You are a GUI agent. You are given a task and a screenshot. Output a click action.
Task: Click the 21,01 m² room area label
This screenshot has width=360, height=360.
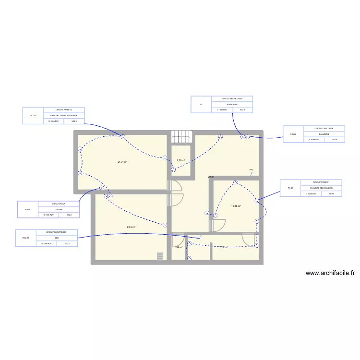coord(122,162)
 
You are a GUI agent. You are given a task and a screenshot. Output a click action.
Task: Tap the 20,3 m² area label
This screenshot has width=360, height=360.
coord(131,228)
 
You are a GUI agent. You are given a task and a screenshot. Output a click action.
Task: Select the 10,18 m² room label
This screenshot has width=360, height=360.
coord(236,206)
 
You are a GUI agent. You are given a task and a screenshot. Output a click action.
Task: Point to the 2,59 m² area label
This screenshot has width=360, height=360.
coord(180,160)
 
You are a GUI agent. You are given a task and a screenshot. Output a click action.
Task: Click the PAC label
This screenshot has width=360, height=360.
coord(251,170)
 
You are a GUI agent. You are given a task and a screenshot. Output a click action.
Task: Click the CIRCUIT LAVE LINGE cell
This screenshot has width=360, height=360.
coord(324,129)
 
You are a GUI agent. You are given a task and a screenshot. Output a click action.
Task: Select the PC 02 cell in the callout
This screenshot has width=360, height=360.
coord(33,116)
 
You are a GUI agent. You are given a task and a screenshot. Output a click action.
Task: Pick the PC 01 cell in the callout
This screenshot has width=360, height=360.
coord(290,188)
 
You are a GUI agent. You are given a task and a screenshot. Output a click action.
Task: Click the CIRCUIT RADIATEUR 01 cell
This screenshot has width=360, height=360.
coord(57,232)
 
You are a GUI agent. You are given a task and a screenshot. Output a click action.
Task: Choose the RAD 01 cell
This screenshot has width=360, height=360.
coord(26,238)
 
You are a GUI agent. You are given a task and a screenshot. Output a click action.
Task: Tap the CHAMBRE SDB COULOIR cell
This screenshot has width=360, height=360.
coord(321,188)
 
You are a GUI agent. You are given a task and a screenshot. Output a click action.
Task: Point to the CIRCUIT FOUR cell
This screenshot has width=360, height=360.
coord(59,204)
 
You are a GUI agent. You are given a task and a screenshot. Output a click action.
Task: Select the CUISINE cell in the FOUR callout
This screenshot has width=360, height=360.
coord(59,209)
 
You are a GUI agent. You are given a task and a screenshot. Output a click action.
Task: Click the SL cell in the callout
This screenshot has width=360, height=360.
coord(201,104)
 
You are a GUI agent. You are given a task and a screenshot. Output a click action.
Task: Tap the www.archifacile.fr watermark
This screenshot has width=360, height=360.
coord(331,273)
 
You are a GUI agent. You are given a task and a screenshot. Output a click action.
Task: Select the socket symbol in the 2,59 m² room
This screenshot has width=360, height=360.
coord(174,169)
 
